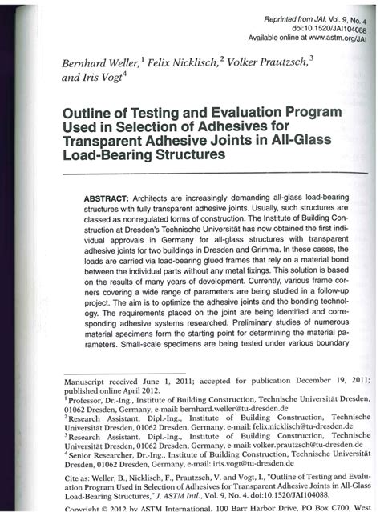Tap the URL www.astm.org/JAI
(338, 38)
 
